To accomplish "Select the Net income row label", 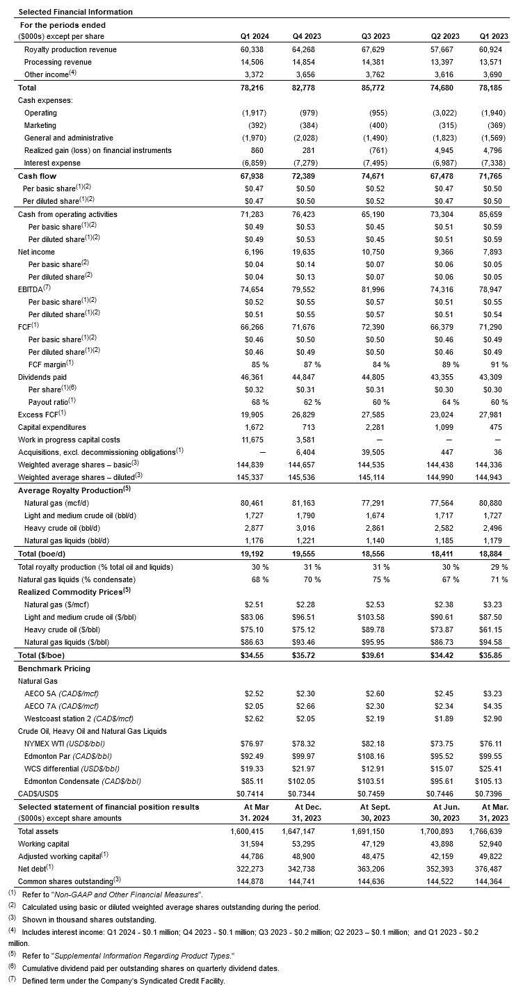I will click(x=36, y=252).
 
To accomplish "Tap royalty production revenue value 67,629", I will click(x=376, y=50).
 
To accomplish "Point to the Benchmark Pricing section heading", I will click(x=54, y=668).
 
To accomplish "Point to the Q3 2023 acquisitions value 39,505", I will click(x=376, y=452).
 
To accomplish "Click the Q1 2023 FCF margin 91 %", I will click(x=499, y=364).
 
